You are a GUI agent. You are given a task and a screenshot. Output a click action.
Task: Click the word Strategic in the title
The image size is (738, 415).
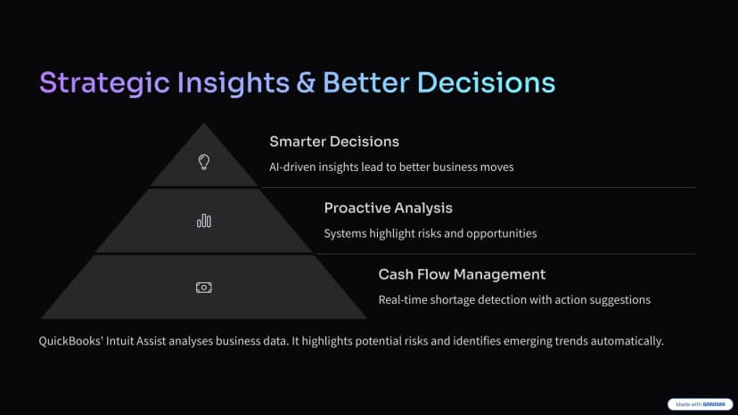104,84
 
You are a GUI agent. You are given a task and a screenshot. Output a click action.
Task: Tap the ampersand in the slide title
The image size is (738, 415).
306,83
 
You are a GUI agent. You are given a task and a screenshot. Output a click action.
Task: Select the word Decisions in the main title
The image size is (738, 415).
486,83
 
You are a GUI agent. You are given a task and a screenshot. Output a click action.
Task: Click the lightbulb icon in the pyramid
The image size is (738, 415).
204,162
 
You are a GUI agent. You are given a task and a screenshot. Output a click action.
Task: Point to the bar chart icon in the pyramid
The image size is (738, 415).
204,221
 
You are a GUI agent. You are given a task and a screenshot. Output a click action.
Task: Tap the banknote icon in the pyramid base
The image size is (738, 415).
204,288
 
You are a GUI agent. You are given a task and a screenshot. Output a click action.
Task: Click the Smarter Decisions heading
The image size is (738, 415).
334,142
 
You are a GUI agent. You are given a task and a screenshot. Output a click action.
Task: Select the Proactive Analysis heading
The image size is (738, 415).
389,208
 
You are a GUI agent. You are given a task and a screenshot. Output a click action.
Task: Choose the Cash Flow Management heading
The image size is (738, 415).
463,274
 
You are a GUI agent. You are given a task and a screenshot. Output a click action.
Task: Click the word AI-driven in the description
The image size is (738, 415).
292,167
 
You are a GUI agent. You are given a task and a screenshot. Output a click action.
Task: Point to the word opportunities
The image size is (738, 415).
502,234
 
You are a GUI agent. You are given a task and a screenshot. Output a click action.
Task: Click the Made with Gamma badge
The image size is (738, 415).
700,404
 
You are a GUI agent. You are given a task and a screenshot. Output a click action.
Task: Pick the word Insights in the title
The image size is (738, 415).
234,84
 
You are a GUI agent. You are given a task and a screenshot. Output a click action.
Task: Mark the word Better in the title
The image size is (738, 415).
366,83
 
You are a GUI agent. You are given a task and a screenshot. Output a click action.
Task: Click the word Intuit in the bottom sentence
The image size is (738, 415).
120,341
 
